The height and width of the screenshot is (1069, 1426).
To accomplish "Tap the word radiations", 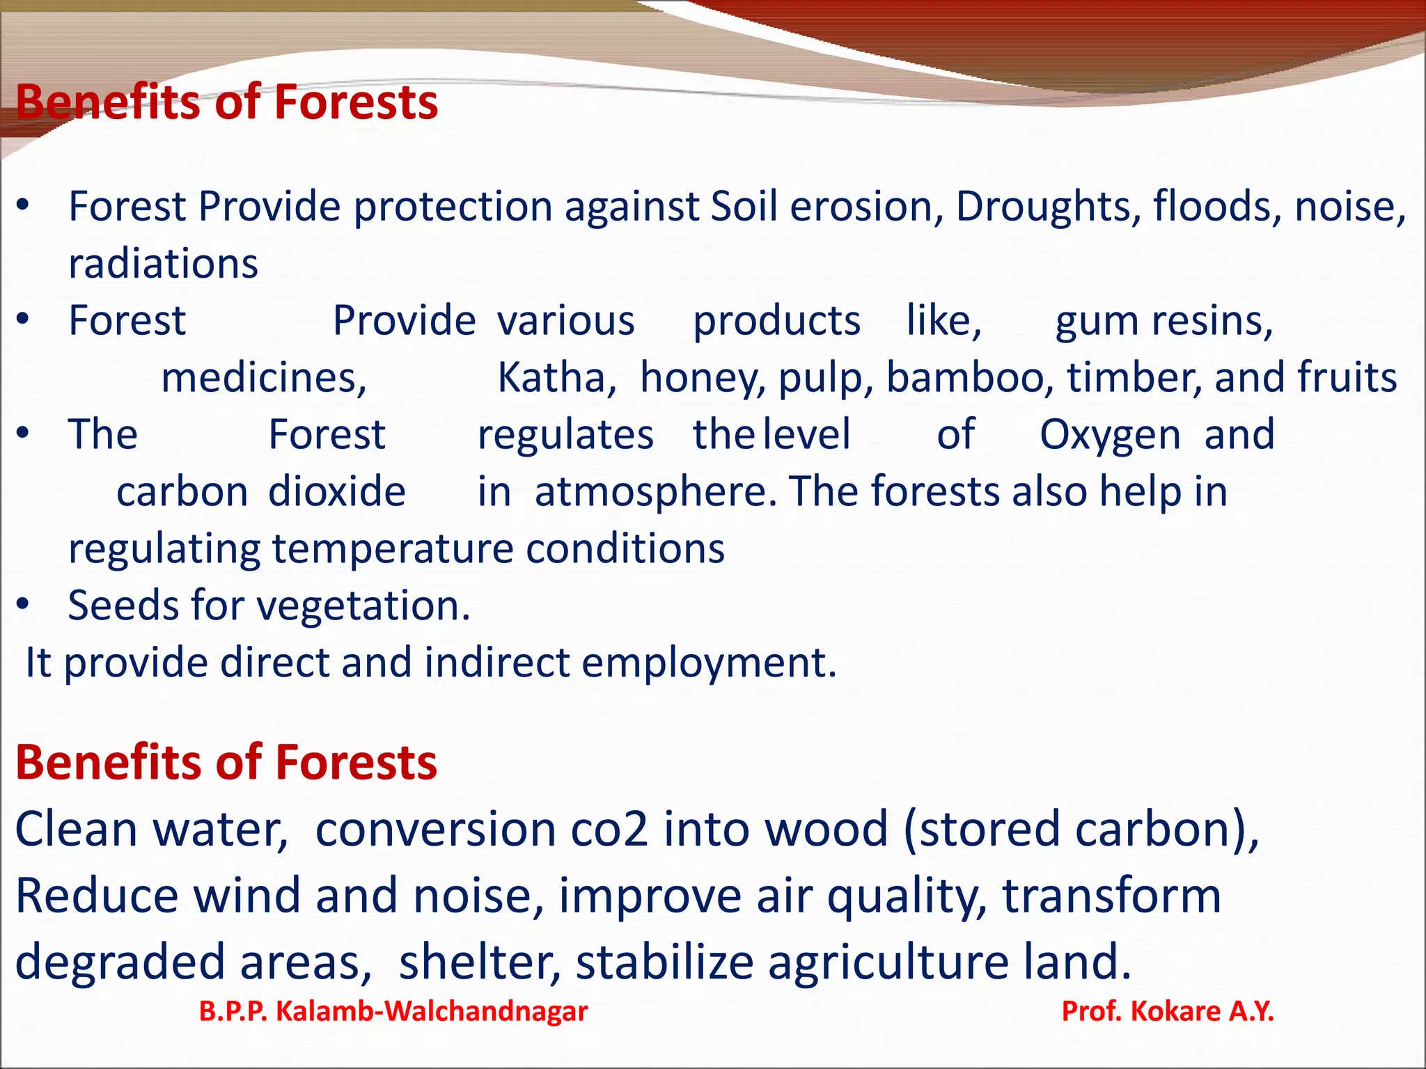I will point(164,264).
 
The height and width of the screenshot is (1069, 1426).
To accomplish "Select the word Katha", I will point(556,378).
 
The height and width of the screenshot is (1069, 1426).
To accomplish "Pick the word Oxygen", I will point(1110,436).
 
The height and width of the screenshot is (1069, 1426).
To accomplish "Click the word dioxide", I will point(337,492).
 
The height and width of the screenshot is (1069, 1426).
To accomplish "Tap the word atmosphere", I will point(655,492).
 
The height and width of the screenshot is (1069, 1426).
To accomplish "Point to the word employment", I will point(708,663).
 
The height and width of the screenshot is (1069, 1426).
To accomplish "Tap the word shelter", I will point(480,962).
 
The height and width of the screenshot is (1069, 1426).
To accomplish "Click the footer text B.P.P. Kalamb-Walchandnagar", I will point(393,1011).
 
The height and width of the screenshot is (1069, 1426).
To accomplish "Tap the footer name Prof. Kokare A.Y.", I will point(1168,1011).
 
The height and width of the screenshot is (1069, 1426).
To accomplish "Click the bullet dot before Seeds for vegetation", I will point(23,604).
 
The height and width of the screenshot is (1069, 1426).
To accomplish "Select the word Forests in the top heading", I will point(356,102).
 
